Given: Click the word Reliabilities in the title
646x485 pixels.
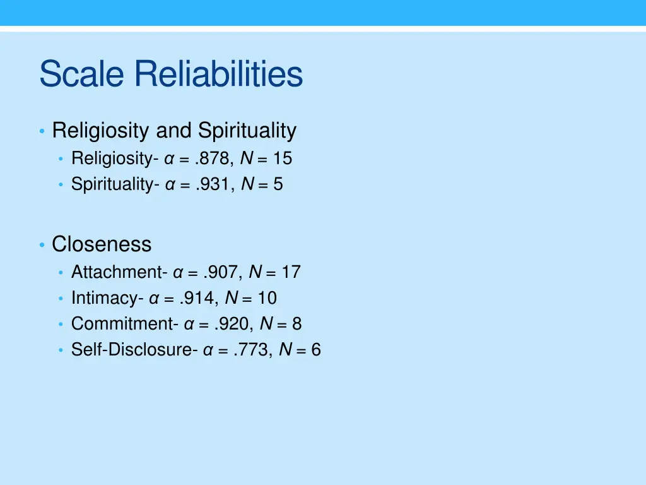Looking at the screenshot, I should (x=218, y=75).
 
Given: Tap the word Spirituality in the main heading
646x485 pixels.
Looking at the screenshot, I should (x=247, y=131).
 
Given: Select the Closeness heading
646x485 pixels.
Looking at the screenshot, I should (x=102, y=244).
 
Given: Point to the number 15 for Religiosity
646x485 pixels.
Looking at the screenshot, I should (x=282, y=158).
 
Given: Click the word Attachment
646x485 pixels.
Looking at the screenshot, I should (x=117, y=272).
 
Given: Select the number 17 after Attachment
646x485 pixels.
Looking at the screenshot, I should (x=291, y=272).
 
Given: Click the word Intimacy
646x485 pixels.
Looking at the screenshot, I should (x=105, y=298).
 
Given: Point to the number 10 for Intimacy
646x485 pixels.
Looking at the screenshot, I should (x=267, y=298).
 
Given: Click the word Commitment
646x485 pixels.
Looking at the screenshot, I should (x=123, y=324).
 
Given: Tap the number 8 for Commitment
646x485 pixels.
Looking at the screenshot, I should (x=297, y=324).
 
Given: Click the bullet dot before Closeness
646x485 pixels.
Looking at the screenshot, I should (x=41, y=244).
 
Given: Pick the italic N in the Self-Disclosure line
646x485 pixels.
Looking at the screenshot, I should (x=285, y=350).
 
